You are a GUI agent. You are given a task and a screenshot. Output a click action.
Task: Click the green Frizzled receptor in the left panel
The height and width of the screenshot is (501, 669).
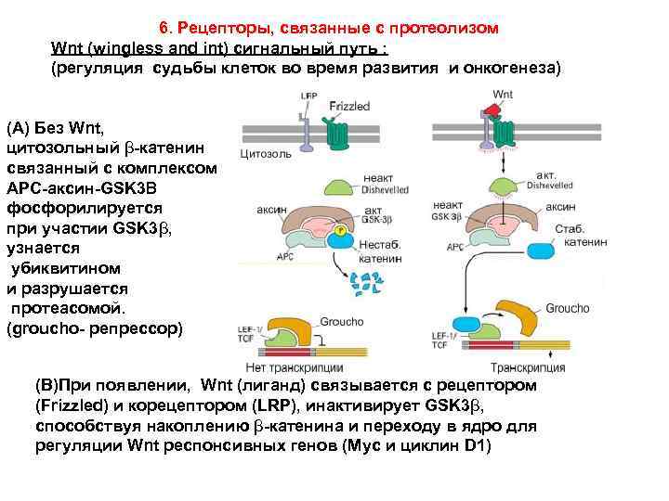tap(333, 131)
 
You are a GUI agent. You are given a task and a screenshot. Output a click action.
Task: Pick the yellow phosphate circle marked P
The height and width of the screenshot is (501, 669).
tap(341, 228)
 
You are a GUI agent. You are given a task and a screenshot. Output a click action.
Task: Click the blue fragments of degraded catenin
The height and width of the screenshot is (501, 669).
tap(367, 282)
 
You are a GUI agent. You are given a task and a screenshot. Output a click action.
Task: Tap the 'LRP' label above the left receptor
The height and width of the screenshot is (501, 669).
tap(308, 96)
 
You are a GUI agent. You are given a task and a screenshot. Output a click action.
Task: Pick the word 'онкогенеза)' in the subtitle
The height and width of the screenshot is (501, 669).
tap(515, 69)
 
